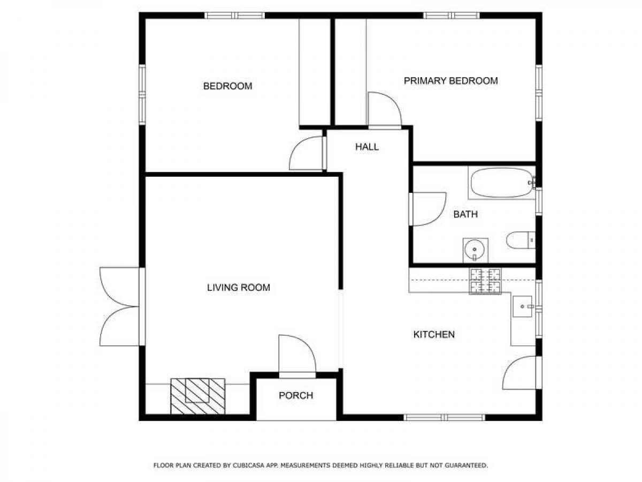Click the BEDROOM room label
tap(227, 86)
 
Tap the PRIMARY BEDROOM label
tap(450, 81)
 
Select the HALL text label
tap(367, 147)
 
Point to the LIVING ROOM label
tap(239, 288)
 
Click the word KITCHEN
tap(434, 334)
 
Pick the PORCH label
tap(296, 395)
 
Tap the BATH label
tap(465, 214)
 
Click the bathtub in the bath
tap(501, 183)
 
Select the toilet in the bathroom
tap(521, 240)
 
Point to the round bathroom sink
tap(475, 250)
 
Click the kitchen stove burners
tap(485, 281)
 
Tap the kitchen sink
tap(522, 306)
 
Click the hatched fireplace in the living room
tap(198, 396)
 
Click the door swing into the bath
tap(427, 209)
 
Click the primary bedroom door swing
tap(385, 110)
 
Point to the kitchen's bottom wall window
tap(445, 417)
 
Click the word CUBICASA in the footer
tap(249, 465)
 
